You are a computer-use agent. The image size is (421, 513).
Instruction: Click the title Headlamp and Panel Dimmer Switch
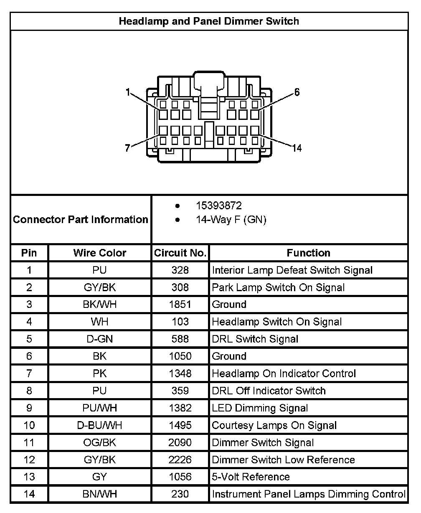pyautogui.click(x=209, y=21)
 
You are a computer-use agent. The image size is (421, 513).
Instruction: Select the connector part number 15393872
pyautogui.click(x=219, y=206)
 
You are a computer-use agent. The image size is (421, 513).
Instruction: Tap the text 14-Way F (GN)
pyautogui.click(x=231, y=220)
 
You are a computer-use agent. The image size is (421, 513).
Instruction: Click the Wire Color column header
pyautogui.click(x=99, y=253)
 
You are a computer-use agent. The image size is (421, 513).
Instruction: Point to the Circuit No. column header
pyautogui.click(x=180, y=253)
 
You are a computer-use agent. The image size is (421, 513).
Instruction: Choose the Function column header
pyautogui.click(x=308, y=253)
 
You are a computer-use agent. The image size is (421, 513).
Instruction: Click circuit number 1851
pyautogui.click(x=180, y=305)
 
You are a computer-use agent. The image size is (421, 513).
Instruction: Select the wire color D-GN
pyautogui.click(x=99, y=339)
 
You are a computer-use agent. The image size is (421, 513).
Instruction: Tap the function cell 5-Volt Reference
pyautogui.click(x=251, y=477)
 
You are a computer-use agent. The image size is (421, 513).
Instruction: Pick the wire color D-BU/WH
pyautogui.click(x=99, y=425)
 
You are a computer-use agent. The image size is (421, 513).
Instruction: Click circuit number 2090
pyautogui.click(x=180, y=442)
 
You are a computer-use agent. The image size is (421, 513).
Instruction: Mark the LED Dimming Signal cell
pyautogui.click(x=260, y=408)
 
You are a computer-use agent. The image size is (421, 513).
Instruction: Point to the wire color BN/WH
pyautogui.click(x=99, y=494)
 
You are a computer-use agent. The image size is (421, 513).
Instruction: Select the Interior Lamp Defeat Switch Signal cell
pyautogui.click(x=292, y=270)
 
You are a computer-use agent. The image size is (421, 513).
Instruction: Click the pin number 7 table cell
pyautogui.click(x=29, y=373)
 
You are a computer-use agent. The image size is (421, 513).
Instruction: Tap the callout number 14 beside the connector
pyautogui.click(x=297, y=148)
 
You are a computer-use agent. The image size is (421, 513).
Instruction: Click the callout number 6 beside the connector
pyautogui.click(x=297, y=92)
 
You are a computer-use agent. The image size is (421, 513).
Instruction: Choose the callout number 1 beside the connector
pyautogui.click(x=128, y=92)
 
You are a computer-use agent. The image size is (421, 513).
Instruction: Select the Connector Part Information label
pyautogui.click(x=81, y=220)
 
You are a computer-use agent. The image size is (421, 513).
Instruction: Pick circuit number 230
pyautogui.click(x=180, y=494)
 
